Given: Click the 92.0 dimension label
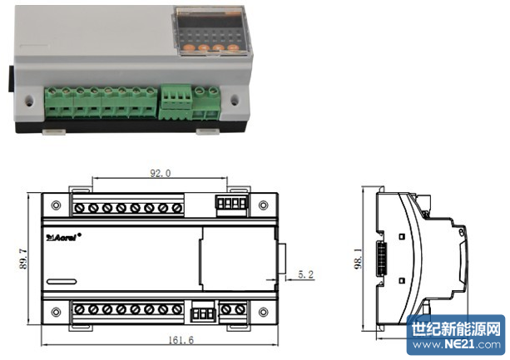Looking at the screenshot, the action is tap(160, 173).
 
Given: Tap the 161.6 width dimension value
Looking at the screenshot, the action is tap(181, 340).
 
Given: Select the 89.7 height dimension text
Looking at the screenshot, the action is tap(23, 259).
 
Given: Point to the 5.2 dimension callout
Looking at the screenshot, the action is tap(305, 274).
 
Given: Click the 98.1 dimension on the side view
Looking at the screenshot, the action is tap(358, 259).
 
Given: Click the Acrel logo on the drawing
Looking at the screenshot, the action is tap(63, 237).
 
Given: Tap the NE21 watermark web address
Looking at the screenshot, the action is tap(456, 344).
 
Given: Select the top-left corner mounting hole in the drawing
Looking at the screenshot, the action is tap(56, 205).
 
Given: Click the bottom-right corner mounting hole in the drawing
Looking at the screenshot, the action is tap(264, 313).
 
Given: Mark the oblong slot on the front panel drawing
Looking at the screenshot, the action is tap(62, 282).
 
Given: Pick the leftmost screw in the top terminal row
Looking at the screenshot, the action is tap(79, 208).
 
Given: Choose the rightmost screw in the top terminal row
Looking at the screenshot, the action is tap(177, 208).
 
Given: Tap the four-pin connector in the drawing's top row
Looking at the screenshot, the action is tap(231, 204).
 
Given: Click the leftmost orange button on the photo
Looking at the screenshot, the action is tap(188, 48).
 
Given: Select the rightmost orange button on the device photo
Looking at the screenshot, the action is tap(233, 47).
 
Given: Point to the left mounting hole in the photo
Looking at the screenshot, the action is tap(30, 100).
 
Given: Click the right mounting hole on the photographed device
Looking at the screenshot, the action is tap(235, 100).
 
